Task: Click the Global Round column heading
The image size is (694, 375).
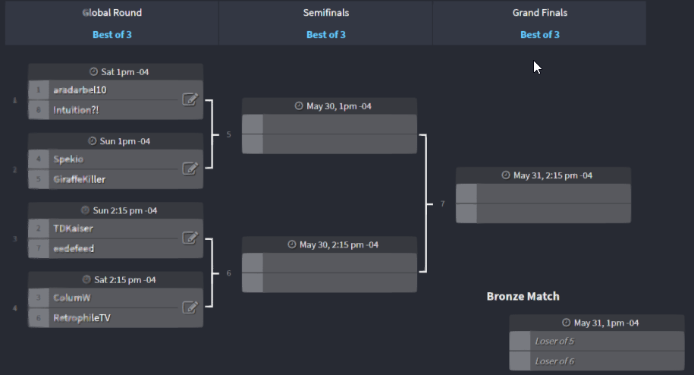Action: tap(111, 13)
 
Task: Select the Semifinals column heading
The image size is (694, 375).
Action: tap(325, 13)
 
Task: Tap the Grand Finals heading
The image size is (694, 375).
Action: tap(539, 13)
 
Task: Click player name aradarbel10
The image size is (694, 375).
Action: tap(80, 90)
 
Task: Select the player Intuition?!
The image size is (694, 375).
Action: tap(76, 110)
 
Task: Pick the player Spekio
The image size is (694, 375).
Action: tap(68, 159)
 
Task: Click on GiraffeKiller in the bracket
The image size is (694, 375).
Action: tap(79, 179)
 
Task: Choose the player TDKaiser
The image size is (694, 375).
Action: tap(74, 228)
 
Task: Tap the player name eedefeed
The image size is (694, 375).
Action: tap(74, 248)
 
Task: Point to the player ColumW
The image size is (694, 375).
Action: tap(72, 298)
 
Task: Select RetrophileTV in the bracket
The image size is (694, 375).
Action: tap(82, 317)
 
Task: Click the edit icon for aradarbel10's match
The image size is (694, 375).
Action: tap(190, 99)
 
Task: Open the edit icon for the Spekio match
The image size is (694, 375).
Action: tap(190, 169)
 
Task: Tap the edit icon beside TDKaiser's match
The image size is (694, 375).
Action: tap(190, 238)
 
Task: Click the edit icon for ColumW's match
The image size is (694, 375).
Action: tap(190, 307)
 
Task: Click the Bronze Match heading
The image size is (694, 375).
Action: tap(523, 296)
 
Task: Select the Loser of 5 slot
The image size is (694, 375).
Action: tap(554, 341)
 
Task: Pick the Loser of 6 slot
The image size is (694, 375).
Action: tap(554, 361)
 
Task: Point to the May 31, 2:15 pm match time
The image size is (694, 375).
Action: tap(547, 175)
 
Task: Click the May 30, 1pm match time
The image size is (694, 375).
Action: tap(333, 106)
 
